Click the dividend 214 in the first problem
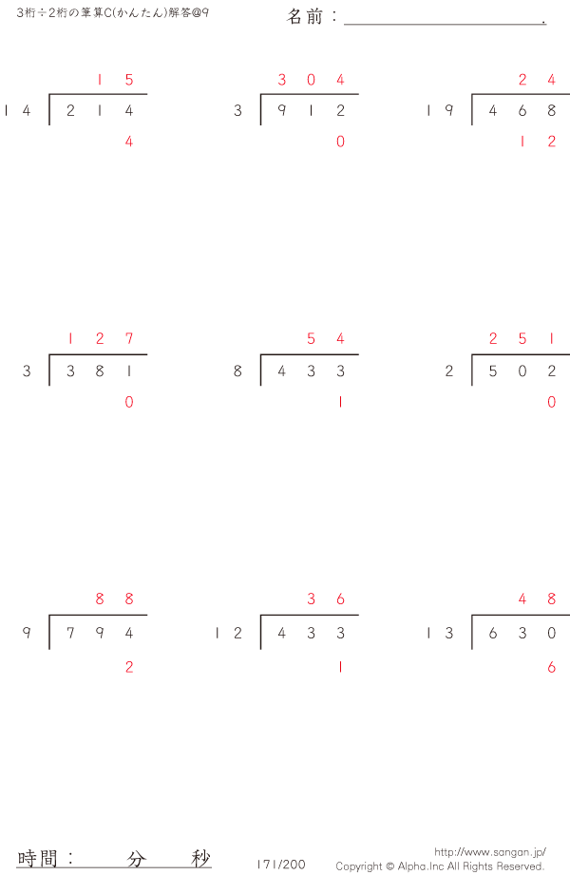click(100, 110)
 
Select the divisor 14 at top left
click(17, 110)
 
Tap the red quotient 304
click(311, 80)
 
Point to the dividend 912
click(311, 110)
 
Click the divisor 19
click(440, 110)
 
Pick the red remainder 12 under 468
click(537, 142)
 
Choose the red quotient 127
click(100, 338)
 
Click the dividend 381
click(100, 371)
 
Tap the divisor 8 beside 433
click(237, 371)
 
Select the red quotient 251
click(522, 338)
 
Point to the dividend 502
click(522, 371)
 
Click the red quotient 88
click(114, 599)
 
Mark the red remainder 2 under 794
click(129, 667)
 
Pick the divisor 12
click(229, 633)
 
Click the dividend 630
click(522, 633)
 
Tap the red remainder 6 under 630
click(552, 667)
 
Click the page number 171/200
click(281, 865)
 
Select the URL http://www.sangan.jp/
click(490, 852)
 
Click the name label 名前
click(305, 17)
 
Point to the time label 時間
click(37, 858)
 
